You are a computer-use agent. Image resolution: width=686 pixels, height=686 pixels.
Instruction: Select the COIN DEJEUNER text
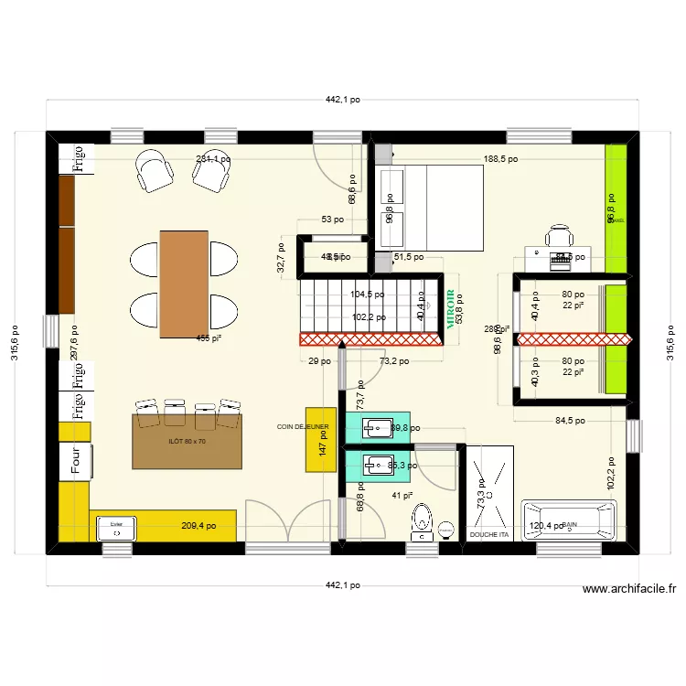tap(303, 426)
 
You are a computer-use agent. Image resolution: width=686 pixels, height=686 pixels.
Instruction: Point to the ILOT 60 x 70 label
tap(188, 442)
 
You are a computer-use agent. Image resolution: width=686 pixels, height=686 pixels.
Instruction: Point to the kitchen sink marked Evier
tap(116, 529)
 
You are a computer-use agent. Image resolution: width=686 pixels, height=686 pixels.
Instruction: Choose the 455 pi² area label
tap(209, 338)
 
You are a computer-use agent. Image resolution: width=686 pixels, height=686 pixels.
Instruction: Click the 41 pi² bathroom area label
tap(402, 496)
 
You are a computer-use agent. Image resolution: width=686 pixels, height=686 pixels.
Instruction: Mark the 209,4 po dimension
tap(199, 526)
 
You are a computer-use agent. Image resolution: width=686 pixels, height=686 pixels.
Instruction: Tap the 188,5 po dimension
tap(500, 159)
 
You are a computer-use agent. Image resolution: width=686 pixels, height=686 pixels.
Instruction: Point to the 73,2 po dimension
tap(393, 361)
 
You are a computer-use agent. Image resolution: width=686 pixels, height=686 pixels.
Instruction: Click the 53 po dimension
tap(332, 220)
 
